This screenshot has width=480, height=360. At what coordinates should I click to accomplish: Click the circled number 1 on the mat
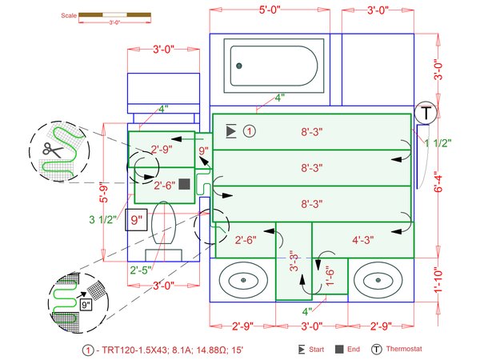pyautogui.click(x=249, y=130)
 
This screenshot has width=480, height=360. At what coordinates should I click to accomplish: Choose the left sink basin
pyautogui.click(x=243, y=281)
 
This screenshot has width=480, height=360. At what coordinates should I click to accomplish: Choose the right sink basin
pyautogui.click(x=378, y=281)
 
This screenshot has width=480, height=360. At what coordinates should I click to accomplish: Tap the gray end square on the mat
pyautogui.click(x=184, y=184)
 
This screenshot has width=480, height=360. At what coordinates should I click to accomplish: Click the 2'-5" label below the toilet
pyautogui.click(x=141, y=270)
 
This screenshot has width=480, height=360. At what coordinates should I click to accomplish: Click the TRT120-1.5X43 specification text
pyautogui.click(x=132, y=350)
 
